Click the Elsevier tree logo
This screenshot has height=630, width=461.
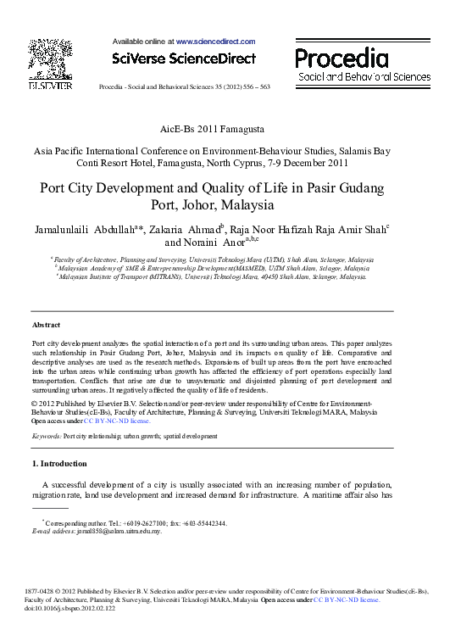click(44, 59)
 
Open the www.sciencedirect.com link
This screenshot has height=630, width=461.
click(215, 41)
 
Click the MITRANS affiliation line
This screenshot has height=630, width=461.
click(212, 276)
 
